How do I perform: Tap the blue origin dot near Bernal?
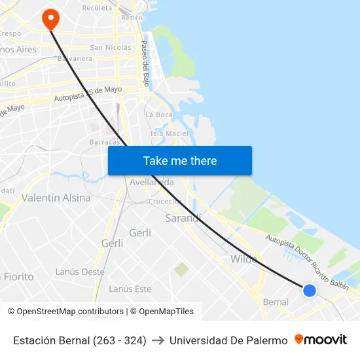pos(310,290)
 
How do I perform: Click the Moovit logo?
pos(321,340)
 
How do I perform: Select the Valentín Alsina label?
pos(56,198)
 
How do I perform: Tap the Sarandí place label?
pos(183,218)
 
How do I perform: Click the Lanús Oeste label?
pos(80,272)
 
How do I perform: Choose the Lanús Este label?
pos(130,289)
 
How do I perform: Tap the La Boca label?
pos(159,115)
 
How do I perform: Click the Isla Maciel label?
pos(169,134)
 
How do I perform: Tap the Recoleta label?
pos(98,8)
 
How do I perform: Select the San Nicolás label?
pos(111,47)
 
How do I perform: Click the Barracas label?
pos(105,141)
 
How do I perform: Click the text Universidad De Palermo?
pos(228,340)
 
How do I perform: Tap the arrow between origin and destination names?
pos(158,340)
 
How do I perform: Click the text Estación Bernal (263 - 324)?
pos(80,340)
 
